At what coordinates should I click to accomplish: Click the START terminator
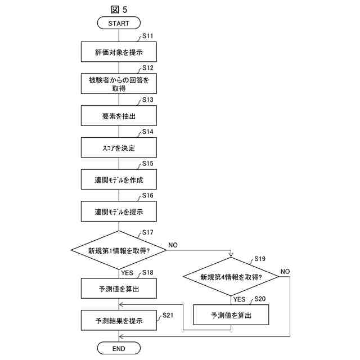(118, 23)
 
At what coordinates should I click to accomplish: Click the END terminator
(118, 349)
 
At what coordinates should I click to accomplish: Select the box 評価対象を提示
(118, 52)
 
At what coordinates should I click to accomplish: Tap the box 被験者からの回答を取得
(118, 84)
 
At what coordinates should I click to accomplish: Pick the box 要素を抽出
(118, 116)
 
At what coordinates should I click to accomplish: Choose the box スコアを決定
(118, 148)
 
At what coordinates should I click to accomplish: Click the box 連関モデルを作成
(118, 180)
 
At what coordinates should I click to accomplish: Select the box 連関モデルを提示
(118, 212)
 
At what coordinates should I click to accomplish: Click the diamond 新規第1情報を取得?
(119, 250)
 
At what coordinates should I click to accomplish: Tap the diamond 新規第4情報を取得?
(231, 277)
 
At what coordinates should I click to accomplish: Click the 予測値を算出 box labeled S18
(118, 289)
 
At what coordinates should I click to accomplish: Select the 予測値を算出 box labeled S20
(231, 315)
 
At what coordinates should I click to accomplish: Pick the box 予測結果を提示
(118, 321)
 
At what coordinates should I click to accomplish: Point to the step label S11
(148, 36)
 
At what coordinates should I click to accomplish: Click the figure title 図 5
(120, 8)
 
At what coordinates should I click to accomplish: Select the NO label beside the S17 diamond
(173, 245)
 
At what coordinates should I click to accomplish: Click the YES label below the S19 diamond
(239, 299)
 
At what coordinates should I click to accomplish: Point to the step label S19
(260, 259)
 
